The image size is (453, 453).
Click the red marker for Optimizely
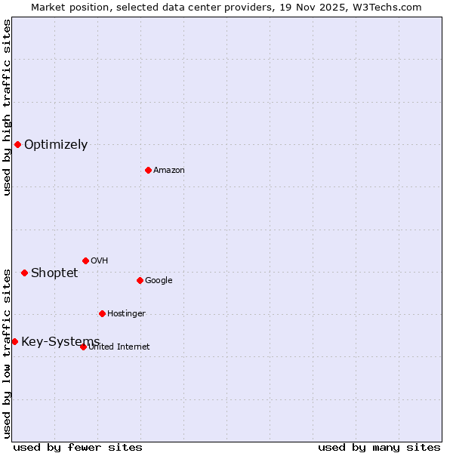point(17,144)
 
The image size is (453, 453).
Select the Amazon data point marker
point(148,170)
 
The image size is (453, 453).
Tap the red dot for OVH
point(85,260)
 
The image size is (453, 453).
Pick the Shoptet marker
point(24,273)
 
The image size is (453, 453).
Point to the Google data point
point(140,280)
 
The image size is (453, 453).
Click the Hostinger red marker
point(102,313)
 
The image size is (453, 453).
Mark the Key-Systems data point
point(14,341)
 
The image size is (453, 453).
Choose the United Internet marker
point(83,347)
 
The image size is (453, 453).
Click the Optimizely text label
point(56,145)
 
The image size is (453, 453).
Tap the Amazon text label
point(169,171)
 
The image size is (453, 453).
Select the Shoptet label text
point(54,273)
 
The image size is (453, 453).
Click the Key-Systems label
point(60,342)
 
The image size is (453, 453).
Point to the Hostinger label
point(126,314)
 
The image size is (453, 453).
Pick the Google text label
point(159,281)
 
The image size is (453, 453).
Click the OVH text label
point(100,261)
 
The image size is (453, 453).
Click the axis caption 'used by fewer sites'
point(78,447)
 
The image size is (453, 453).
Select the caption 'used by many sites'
point(379,447)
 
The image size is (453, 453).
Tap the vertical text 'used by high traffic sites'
point(7,107)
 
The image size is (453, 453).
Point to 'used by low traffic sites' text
point(7,353)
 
